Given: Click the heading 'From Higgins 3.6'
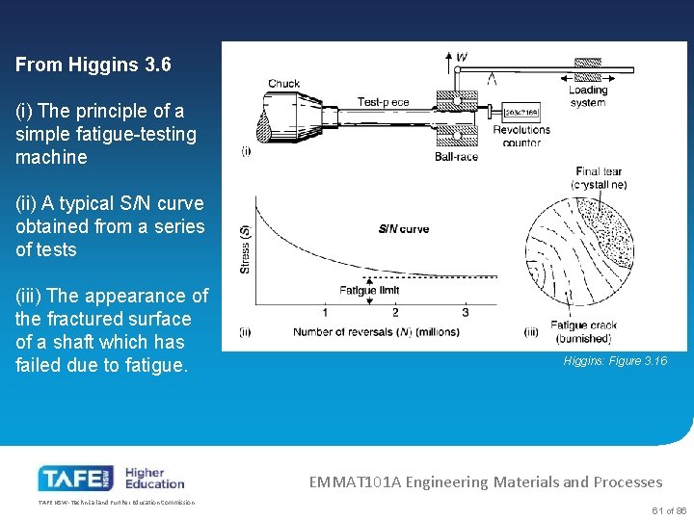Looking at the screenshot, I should [93, 65].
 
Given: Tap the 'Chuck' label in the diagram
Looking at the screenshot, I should [283, 84].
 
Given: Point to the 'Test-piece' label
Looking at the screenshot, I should [383, 102].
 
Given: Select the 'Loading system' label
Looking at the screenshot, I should [588, 96].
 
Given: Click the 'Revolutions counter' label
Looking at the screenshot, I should [521, 136].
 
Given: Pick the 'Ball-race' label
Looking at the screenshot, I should [455, 156].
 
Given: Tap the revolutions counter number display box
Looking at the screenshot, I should [520, 113].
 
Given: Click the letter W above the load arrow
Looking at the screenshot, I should [463, 58].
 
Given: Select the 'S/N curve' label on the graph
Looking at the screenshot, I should [403, 229].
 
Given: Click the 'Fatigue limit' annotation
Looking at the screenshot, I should [369, 291].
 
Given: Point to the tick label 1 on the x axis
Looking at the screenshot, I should [325, 312].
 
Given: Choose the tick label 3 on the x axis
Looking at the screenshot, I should [466, 312].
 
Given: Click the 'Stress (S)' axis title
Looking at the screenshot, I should [246, 248].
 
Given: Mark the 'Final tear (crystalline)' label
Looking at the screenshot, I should [599, 178].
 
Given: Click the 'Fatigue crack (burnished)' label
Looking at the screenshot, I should [581, 332].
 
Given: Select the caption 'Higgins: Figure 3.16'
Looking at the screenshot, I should [615, 361].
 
